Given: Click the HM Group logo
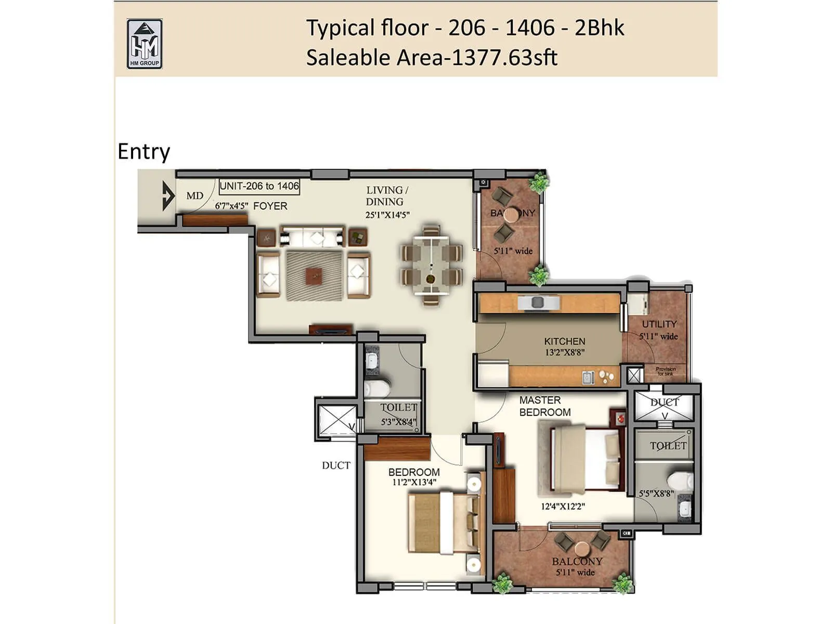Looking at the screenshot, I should click(x=144, y=44).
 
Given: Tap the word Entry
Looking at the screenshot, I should click(x=144, y=152).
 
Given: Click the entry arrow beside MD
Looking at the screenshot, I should click(x=168, y=196).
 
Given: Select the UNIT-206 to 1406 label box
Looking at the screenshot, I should click(x=259, y=186).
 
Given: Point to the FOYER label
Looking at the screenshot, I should click(x=270, y=206).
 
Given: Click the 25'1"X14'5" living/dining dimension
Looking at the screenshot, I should click(x=387, y=214).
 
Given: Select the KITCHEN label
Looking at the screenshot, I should click(x=564, y=342).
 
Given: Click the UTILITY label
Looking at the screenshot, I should click(x=659, y=324).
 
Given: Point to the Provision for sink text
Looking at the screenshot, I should click(x=665, y=371).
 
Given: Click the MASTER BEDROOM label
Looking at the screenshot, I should click(x=544, y=406).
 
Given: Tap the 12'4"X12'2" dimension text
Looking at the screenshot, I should click(x=563, y=506).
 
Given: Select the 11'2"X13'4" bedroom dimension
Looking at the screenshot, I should click(x=414, y=482).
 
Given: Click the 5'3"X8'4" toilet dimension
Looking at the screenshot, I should click(x=398, y=422).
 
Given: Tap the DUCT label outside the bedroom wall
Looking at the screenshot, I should click(x=336, y=465).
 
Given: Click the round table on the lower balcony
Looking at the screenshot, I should click(x=581, y=549).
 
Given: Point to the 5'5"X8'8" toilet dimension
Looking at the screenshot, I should click(x=656, y=493).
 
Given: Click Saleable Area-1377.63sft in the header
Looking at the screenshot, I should click(x=432, y=58).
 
